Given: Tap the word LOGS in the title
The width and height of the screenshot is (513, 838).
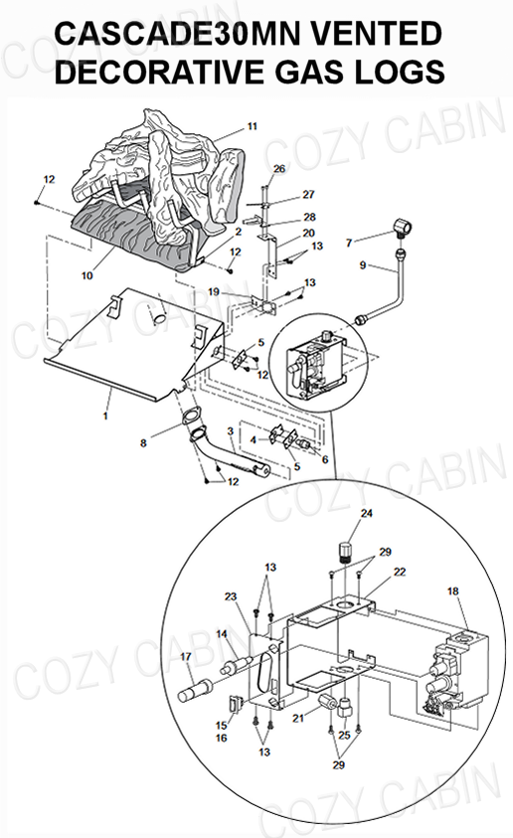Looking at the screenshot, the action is [401, 72].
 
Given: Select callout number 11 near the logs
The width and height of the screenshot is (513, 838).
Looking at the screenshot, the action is [253, 126].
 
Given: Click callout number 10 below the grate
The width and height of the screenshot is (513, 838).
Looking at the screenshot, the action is [87, 275].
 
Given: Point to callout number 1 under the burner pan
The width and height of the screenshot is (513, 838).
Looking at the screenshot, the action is [105, 415].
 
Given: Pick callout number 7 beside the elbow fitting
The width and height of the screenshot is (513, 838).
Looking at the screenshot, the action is [349, 243].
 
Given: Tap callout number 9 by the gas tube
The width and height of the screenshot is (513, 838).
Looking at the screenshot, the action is [363, 265].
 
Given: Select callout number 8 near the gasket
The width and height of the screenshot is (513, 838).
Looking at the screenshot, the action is [143, 443].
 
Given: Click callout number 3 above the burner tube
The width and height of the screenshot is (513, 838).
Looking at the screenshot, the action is [231, 430].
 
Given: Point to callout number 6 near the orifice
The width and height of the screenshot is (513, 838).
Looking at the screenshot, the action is [325, 459].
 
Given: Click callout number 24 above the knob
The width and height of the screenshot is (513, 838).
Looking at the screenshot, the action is [367, 513].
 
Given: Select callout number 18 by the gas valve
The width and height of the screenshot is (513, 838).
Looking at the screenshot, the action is [453, 591].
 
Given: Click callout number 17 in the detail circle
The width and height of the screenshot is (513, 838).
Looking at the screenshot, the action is [186, 656].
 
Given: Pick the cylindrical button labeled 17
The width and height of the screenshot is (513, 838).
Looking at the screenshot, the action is [195, 689].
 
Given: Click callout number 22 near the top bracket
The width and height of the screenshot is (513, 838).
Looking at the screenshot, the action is [400, 572].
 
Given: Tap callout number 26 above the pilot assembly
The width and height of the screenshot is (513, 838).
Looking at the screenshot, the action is [279, 169].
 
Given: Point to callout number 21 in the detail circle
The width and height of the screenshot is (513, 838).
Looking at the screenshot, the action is [298, 719].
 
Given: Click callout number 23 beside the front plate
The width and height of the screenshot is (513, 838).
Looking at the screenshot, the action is [231, 596].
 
